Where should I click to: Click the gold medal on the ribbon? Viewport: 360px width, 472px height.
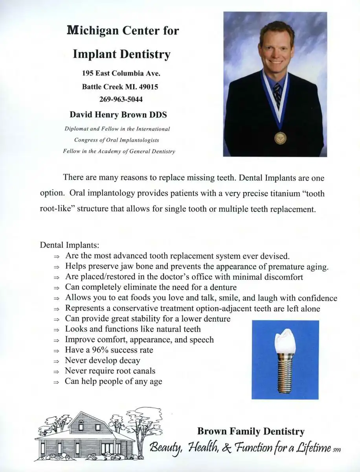[x=280, y=137]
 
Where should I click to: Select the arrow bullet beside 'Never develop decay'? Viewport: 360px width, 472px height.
[x=57, y=361]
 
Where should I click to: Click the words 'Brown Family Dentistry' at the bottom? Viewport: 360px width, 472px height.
[x=251, y=431]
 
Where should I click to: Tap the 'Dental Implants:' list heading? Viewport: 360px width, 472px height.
[x=67, y=245]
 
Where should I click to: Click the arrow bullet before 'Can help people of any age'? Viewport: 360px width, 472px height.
[x=57, y=382]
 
